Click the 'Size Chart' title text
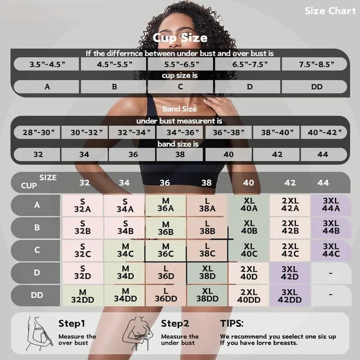point(330,11)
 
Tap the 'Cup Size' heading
point(180,38)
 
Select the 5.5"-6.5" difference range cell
point(180,64)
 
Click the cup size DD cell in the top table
point(317,86)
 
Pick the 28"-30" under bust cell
point(36,133)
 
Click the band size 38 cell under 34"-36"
point(180,154)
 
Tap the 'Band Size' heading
point(180,109)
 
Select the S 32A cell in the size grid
point(82,205)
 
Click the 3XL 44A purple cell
point(331,205)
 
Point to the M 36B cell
point(166,228)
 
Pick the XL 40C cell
point(249,251)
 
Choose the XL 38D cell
point(207,273)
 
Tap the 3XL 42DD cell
point(290,296)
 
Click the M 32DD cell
point(82,296)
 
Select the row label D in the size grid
point(37,273)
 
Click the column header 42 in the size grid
point(290,183)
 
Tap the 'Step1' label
point(72,323)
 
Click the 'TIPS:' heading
point(232,323)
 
